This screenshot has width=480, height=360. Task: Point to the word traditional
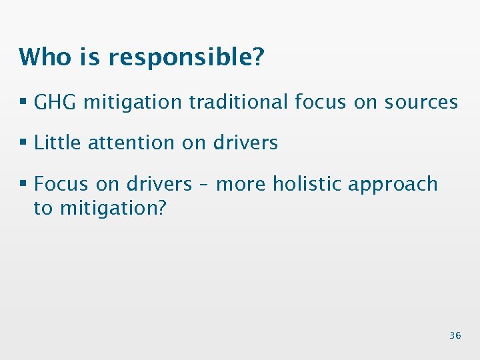click(238, 102)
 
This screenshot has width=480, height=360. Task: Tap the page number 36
click(455, 335)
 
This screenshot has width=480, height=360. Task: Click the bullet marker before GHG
click(23, 103)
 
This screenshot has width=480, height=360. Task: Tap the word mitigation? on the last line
click(113, 209)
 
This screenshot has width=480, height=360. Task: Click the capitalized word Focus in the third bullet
click(61, 184)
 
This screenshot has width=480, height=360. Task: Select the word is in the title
click(90, 57)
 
